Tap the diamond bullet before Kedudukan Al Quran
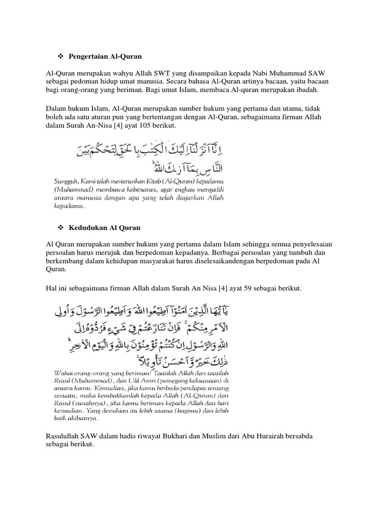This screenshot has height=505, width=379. [x=62, y=228]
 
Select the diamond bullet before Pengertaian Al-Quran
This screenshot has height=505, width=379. [x=62, y=57]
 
